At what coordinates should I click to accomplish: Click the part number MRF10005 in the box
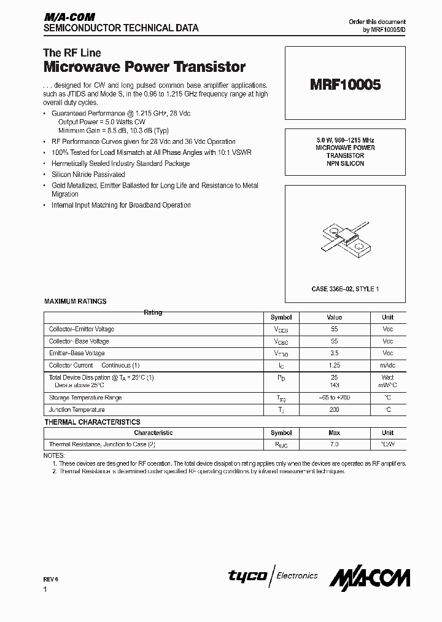pyautogui.click(x=344, y=85)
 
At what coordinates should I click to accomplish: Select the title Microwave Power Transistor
pyautogui.click(x=144, y=67)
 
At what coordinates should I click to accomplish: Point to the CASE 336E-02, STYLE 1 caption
pyautogui.click(x=344, y=288)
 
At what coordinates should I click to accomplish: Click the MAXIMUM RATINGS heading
pyautogui.click(x=76, y=301)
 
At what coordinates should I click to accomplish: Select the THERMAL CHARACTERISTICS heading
pyautogui.click(x=92, y=422)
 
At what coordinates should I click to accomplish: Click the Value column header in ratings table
pyautogui.click(x=334, y=318)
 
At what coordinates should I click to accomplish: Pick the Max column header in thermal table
pyautogui.click(x=334, y=433)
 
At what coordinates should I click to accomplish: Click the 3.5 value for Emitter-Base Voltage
pyautogui.click(x=334, y=353)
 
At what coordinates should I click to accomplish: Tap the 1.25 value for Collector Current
pyautogui.click(x=334, y=365)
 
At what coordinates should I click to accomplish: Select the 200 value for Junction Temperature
pyautogui.click(x=334, y=409)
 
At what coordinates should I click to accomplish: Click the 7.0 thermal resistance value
pyautogui.click(x=334, y=444)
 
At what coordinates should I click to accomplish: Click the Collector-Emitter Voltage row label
pyautogui.click(x=82, y=329)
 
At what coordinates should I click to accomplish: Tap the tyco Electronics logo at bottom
pyautogui.click(x=273, y=576)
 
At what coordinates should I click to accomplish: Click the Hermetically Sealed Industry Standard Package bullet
pyautogui.click(x=120, y=163)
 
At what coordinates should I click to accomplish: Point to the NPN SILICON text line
pyautogui.click(x=344, y=163)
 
